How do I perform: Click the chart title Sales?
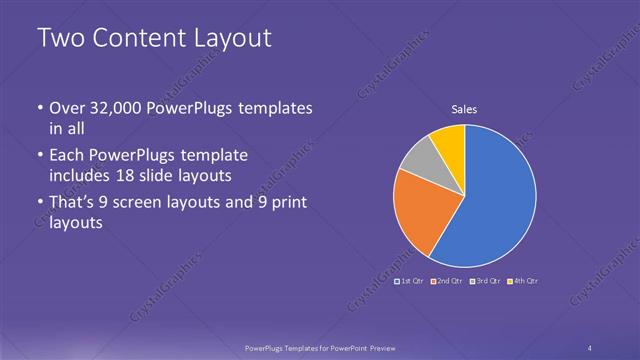(464, 109)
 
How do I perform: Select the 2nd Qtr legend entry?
(449, 281)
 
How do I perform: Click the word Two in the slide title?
(58, 39)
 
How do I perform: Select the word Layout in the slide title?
(233, 39)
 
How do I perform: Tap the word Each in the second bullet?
(66, 157)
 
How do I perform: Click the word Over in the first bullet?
(67, 107)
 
